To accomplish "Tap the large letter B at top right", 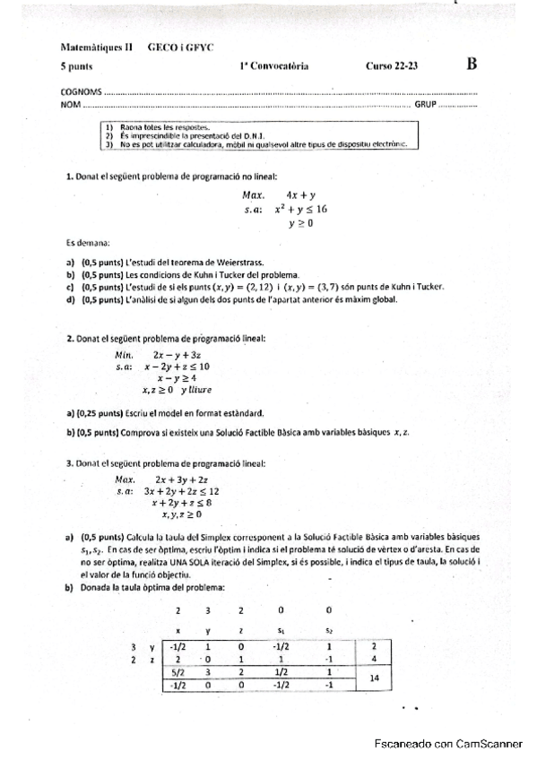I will point(472,64).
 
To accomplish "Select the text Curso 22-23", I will point(392,66).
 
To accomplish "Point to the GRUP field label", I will point(426,105).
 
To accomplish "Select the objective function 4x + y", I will point(300,194).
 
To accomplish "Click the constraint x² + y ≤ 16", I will point(300,209).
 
